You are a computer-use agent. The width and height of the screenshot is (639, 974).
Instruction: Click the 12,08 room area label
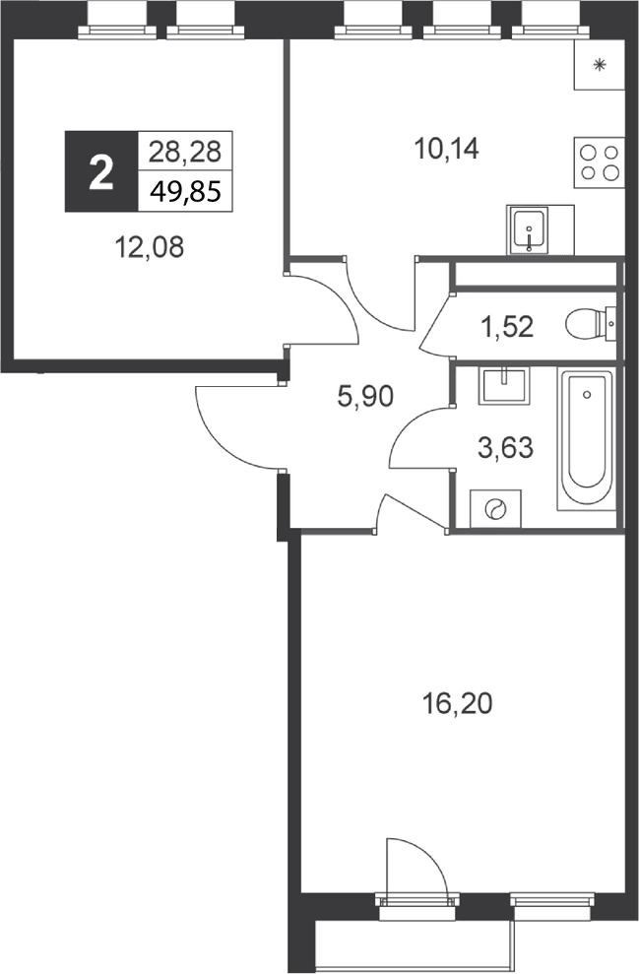click(x=150, y=247)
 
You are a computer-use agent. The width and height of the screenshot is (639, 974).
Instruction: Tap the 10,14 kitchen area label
click(x=447, y=149)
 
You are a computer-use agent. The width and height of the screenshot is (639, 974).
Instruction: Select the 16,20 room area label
click(x=457, y=704)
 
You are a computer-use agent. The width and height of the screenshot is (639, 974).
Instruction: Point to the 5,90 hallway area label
click(x=365, y=396)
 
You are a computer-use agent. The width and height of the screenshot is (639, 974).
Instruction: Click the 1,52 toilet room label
click(x=507, y=326)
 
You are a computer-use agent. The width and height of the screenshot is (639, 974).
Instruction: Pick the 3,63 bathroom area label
click(x=505, y=447)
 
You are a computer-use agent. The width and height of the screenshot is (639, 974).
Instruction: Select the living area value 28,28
click(x=185, y=151)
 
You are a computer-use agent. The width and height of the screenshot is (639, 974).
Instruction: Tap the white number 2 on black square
click(x=101, y=172)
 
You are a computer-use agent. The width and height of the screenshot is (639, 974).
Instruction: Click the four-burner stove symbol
click(x=599, y=162)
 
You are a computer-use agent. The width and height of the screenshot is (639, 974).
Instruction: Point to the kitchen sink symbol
click(x=529, y=229)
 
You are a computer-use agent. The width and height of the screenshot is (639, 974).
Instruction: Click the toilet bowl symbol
click(x=591, y=324)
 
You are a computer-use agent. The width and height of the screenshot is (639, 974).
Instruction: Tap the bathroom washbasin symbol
click(x=504, y=386)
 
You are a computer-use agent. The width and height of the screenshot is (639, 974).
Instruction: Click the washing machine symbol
click(x=495, y=509)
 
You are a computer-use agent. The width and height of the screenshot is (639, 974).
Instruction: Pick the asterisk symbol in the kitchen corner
click(x=600, y=64)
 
